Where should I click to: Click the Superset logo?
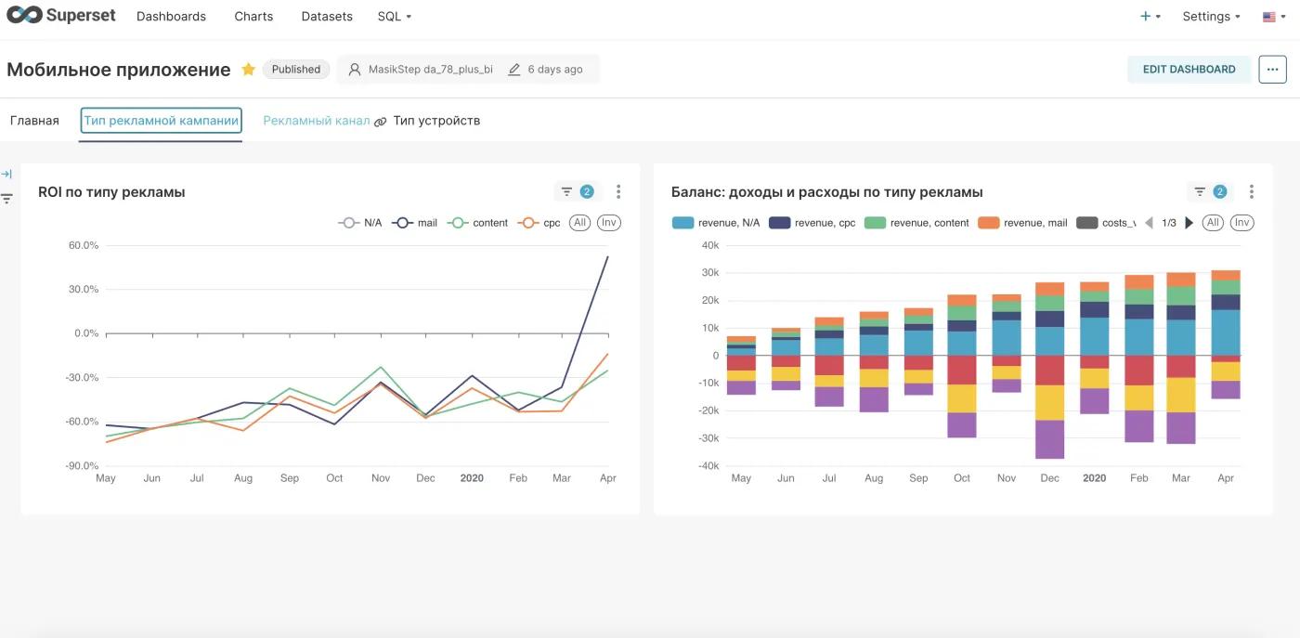(61, 15)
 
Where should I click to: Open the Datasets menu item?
(327, 17)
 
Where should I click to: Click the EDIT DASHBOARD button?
(1189, 69)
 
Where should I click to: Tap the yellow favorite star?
(249, 69)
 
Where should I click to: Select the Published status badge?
(296, 69)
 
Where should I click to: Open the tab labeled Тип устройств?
(436, 121)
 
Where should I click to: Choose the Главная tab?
(35, 121)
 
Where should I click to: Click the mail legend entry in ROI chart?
(415, 223)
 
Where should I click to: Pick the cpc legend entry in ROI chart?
(539, 223)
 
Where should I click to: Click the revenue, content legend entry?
(916, 223)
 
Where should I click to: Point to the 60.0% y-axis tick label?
(84, 245)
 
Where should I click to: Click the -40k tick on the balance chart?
(708, 465)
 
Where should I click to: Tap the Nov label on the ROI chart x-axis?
(381, 477)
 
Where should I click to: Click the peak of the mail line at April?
(607, 256)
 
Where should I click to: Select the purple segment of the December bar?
(1050, 439)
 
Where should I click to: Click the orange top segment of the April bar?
(1226, 275)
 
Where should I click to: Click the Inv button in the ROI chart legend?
(609, 223)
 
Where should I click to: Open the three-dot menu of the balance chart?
(1252, 191)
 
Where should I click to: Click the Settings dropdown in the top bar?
(1211, 17)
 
